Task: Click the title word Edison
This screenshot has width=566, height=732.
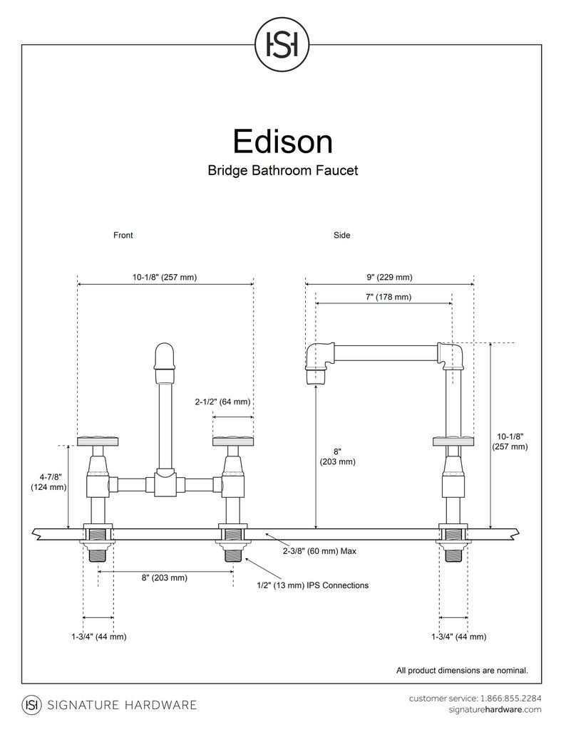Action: [x=282, y=141]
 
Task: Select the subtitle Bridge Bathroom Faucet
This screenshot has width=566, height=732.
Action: [x=282, y=171]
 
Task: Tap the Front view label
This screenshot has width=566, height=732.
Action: [x=123, y=235]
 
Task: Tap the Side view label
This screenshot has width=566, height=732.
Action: [x=341, y=235]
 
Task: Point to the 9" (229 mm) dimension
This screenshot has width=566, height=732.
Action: [x=389, y=277]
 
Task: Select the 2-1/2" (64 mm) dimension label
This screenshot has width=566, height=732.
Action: [x=222, y=402]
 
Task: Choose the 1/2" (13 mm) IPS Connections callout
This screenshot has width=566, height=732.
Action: [x=312, y=585]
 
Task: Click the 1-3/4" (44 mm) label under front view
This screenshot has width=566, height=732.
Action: [x=98, y=637]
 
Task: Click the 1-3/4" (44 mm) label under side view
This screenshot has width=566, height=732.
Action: [x=458, y=637]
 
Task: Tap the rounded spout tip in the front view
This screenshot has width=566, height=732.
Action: [x=165, y=356]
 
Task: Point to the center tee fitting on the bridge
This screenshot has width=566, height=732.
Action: [x=165, y=483]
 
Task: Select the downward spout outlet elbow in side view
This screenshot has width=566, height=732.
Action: [x=317, y=363]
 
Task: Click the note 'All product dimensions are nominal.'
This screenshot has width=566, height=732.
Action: [x=462, y=670]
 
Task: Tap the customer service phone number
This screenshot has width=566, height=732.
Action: [x=510, y=698]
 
